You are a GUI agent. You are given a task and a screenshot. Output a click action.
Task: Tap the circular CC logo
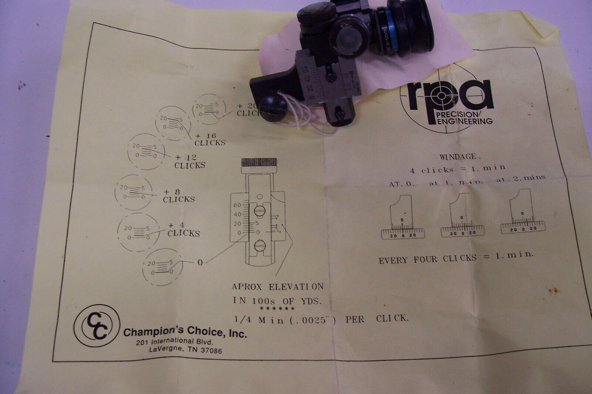(x=97, y=326)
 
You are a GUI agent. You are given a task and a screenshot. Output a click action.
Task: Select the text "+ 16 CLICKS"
(x=210, y=139)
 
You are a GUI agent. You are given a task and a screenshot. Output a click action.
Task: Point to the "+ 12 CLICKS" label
(x=190, y=162)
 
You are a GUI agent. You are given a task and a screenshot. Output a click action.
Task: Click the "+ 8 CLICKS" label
(x=179, y=196)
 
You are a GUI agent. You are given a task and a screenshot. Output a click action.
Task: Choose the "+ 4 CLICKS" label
(x=183, y=230)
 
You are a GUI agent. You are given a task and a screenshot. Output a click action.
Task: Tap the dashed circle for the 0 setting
(x=163, y=267)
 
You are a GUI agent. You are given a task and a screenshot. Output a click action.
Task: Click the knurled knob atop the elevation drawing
(x=259, y=163)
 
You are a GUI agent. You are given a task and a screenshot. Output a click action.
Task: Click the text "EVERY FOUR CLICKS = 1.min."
(x=456, y=258)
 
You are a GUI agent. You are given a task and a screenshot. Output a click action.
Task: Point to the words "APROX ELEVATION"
(x=278, y=286)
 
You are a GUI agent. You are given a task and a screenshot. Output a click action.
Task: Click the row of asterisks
(x=277, y=309)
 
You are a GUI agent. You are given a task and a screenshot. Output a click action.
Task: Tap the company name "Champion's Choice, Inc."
(x=185, y=332)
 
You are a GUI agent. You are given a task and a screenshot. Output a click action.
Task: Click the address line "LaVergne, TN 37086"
(x=185, y=351)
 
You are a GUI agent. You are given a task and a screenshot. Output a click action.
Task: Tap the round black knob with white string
(x=274, y=107)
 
